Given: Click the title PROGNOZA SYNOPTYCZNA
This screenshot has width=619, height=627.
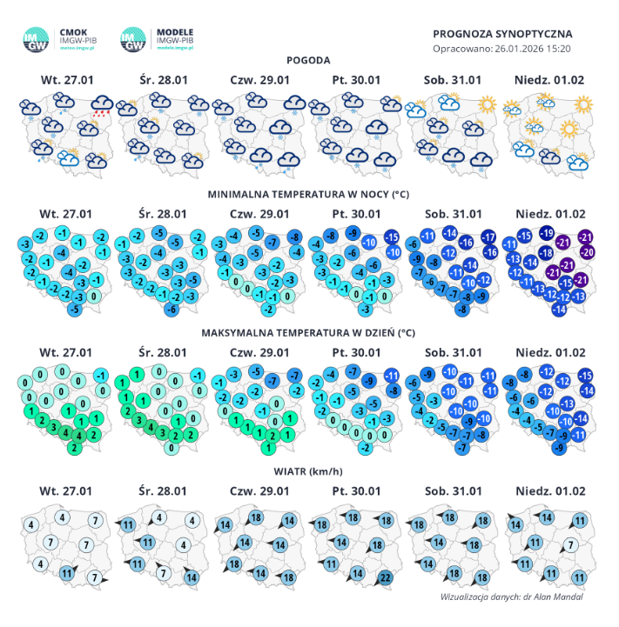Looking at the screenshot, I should coord(502,33).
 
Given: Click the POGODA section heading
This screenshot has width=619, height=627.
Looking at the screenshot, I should coord(309,61).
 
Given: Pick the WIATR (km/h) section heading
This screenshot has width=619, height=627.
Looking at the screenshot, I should coord(309,473).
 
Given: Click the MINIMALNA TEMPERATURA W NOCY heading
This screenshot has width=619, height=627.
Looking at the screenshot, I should coord(309,196).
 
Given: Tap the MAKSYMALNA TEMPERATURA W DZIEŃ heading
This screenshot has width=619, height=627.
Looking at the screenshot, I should coord(309,333).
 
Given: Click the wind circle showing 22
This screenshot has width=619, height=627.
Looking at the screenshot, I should coord(384,578).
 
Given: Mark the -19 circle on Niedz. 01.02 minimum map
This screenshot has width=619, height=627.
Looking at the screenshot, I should coord(546,232).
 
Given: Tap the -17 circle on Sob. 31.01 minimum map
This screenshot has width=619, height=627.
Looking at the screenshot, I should coord(488,237).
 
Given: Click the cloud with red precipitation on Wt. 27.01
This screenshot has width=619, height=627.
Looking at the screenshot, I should coord(103,107).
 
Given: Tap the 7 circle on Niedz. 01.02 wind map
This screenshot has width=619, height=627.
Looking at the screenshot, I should coord(570,545).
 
